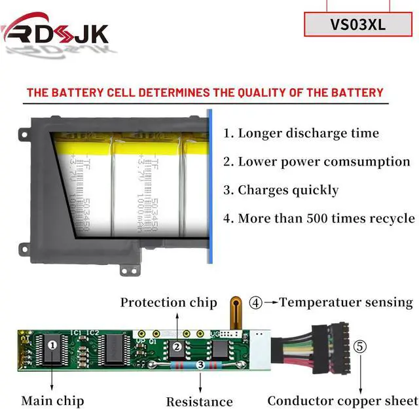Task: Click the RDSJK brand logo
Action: [x=56, y=33]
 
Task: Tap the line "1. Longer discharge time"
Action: [x=301, y=133]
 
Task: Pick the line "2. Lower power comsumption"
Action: [x=317, y=162]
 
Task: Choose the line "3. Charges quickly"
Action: [x=281, y=190]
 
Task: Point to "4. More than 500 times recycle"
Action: [x=319, y=219]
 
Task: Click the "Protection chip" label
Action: [x=168, y=302]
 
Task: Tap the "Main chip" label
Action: [x=52, y=400]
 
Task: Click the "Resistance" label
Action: [x=199, y=401]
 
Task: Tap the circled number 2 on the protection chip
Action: [x=176, y=347]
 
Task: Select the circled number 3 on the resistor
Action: [x=200, y=365]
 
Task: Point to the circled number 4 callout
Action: [x=256, y=302]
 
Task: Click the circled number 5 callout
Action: [x=361, y=346]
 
